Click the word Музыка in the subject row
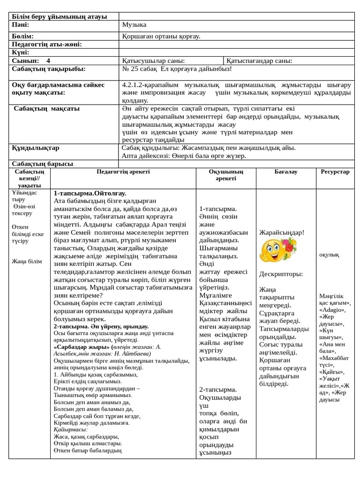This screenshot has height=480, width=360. coord(134,24)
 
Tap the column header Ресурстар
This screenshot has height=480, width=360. coord(335,172)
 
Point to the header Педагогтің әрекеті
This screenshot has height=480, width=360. coord(123,172)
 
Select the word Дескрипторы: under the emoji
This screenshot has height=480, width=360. coord(281,274)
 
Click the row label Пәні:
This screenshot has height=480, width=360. coord(21,24)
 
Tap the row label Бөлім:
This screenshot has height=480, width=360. coord(22,36)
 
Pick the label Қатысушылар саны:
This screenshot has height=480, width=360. coord(153,60)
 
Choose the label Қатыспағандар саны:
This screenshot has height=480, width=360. coord(259,60)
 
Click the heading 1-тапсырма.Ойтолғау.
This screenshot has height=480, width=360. coord(90,193)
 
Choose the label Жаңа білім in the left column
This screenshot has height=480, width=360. coord(27,261)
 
